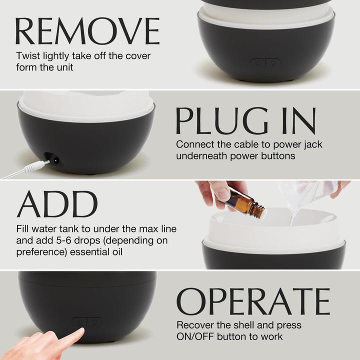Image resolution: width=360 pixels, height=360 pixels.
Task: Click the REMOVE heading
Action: pyautogui.click(x=87, y=31)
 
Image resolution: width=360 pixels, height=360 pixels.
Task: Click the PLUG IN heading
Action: pyautogui.click(x=245, y=120)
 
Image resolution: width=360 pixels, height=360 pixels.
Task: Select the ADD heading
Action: pyautogui.click(x=57, y=204)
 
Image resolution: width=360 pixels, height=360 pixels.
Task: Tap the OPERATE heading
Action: pyautogui.click(x=253, y=301)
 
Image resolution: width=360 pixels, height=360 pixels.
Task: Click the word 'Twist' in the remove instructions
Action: pyautogui.click(x=28, y=56)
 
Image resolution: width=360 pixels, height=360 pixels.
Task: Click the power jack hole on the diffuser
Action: pyautogui.click(x=55, y=160)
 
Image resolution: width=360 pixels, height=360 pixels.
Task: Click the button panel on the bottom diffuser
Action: pyautogui.click(x=86, y=321)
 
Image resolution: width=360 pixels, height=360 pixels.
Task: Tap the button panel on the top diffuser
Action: pyautogui.click(x=265, y=63)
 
